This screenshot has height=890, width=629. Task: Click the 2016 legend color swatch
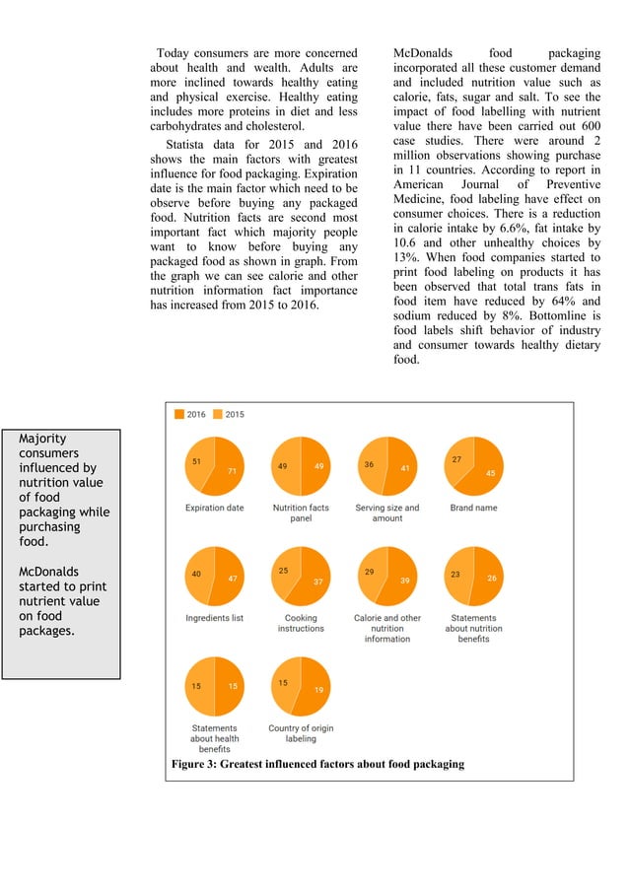point(179,415)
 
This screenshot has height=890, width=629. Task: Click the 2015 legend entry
point(229,415)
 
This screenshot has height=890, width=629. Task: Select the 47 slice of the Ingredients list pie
point(229,579)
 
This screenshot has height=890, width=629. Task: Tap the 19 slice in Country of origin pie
point(315,689)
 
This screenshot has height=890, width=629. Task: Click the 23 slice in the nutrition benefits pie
point(456,574)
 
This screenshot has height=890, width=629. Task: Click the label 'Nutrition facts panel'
point(301,513)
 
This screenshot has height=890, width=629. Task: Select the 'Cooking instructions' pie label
point(301,623)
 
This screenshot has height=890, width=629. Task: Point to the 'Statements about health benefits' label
point(214,738)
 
